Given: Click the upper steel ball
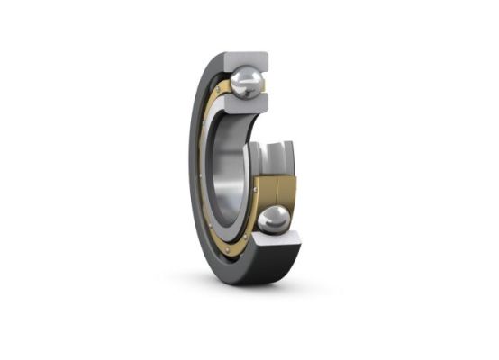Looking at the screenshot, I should coord(246,84).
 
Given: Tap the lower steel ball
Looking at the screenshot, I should coord(274,220).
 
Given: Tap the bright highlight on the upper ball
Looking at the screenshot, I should coord(241,79).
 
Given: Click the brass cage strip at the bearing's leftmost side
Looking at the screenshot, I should coord(207,171).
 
